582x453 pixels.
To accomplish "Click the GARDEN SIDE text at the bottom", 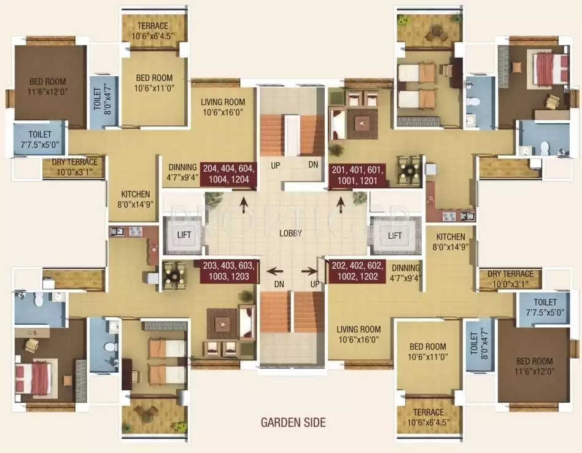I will [x=293, y=422].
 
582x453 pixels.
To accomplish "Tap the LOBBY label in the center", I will [x=290, y=233].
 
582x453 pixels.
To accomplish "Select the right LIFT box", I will [x=395, y=235].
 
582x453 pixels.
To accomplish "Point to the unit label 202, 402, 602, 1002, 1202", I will [x=357, y=271].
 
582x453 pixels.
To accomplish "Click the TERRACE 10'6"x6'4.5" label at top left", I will [x=152, y=31].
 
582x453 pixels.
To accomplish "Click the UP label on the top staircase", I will [x=276, y=165].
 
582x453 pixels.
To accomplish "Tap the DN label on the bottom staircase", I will [x=279, y=285].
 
